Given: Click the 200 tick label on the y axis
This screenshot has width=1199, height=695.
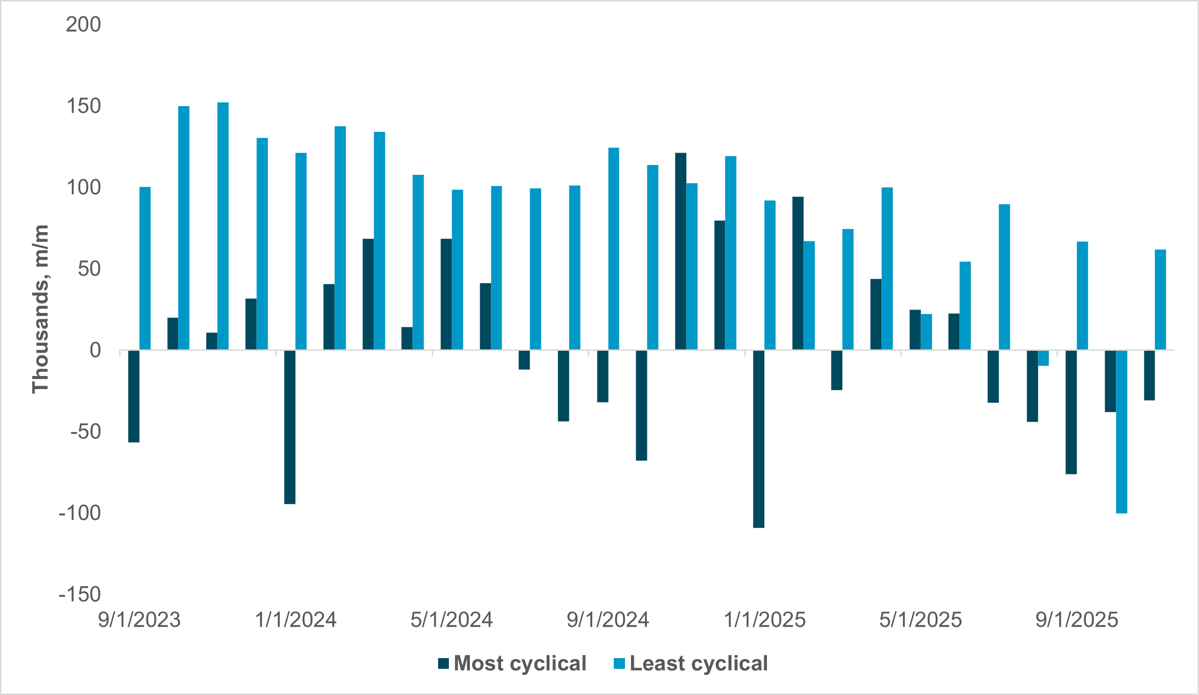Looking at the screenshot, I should point(83,25).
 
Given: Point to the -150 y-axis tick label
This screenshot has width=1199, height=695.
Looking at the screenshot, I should point(79,594).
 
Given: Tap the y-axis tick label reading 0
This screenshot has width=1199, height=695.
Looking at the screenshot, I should point(95,351).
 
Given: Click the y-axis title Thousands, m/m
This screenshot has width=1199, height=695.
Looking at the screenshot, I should point(41,309).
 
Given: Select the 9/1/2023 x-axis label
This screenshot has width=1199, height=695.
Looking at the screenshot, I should point(139,620).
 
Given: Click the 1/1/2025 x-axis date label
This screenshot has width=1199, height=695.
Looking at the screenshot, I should point(764,620).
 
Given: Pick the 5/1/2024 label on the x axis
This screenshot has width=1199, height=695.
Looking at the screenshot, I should point(452,620).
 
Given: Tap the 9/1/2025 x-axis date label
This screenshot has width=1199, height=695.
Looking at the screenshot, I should point(1077,620).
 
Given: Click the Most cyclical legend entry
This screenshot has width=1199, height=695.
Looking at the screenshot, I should point(519,663).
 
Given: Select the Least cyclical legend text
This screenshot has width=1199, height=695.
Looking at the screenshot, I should point(698,663).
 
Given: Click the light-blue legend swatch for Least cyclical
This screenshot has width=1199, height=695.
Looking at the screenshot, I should point(619,663).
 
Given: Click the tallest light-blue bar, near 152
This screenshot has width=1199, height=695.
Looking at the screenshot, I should point(223,226).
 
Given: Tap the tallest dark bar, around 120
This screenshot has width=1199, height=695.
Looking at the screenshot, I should point(681,251).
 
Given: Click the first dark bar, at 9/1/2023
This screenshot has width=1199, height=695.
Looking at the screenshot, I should point(134,396).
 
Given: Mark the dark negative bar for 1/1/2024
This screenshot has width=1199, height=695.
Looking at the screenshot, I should point(290,427).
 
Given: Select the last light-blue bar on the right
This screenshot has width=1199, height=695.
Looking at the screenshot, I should point(1160,300).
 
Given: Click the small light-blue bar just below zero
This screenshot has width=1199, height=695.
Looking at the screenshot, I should point(1043,358).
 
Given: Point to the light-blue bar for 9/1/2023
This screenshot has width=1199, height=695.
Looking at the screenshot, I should point(145,268).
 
